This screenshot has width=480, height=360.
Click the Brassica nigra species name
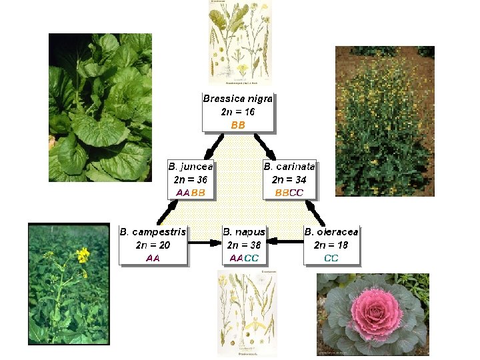[238, 99]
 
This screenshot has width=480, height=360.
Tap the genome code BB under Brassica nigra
[238, 125]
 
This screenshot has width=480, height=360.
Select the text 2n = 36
[191, 179]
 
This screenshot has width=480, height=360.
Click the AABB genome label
[191, 192]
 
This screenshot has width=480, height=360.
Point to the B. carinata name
[289, 167]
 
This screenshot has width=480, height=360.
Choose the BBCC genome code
[289, 192]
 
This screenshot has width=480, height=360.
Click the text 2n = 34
[289, 179]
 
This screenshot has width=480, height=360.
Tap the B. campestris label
[153, 232]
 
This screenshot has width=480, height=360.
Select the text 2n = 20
[153, 245]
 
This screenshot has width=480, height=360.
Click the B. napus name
[244, 232]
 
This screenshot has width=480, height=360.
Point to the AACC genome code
[244, 257]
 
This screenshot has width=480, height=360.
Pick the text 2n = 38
[244, 245]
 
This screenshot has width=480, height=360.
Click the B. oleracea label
[331, 232]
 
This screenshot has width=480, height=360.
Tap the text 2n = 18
[331, 245]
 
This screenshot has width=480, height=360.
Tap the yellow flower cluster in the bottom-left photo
[82, 255]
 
